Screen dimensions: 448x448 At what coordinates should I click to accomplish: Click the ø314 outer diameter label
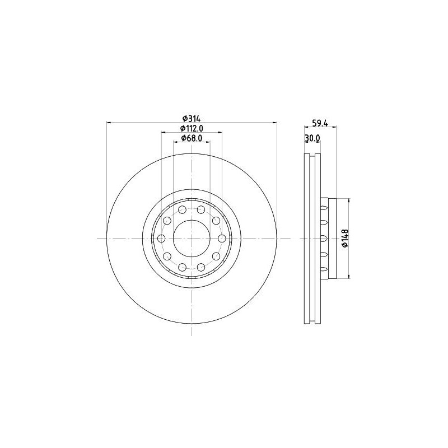tap(192, 118)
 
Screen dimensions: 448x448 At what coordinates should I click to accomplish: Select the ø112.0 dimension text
tap(192, 128)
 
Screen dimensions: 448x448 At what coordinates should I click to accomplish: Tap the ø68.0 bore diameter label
tap(192, 138)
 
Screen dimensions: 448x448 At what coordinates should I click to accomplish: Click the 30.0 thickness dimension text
tap(311, 138)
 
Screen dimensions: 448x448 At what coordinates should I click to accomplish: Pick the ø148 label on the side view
tap(345, 238)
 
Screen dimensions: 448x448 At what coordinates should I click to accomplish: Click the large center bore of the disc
tap(192, 238)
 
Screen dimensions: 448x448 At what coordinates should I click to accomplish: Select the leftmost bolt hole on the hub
tap(161, 239)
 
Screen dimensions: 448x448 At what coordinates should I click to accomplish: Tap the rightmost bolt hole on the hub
tap(222, 239)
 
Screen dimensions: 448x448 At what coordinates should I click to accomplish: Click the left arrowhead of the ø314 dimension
tap(109, 122)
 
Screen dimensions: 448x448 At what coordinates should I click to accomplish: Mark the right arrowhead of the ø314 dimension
tap(275, 122)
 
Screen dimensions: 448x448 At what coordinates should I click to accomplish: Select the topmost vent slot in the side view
tap(324, 208)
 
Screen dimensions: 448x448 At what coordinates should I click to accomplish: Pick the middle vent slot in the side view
tap(324, 238)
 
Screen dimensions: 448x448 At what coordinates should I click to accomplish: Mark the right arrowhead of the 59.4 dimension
tap(333, 128)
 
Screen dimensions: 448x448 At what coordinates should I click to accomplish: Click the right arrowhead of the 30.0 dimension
tap(319, 142)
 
